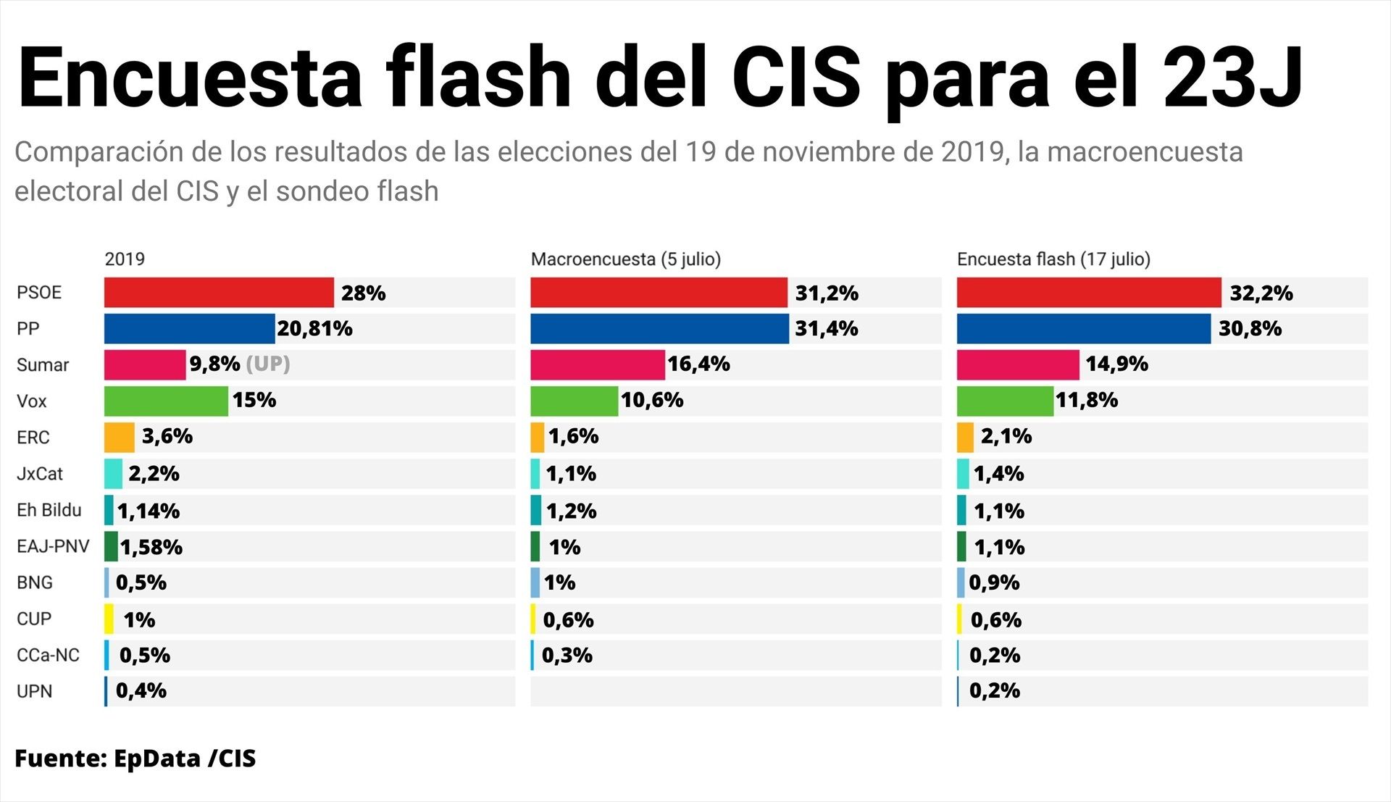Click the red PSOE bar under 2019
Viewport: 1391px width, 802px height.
tap(219, 293)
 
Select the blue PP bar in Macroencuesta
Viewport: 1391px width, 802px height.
tap(659, 329)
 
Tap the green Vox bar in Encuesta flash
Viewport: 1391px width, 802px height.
tap(1005, 401)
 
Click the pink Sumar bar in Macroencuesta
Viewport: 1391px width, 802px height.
tap(597, 365)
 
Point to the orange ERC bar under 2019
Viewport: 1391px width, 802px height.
tap(120, 438)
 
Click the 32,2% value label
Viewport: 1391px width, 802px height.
tap(1261, 293)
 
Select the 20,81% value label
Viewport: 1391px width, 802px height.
tap(314, 329)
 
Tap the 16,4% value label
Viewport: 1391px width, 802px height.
tap(698, 364)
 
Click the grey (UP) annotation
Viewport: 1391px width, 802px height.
tap(268, 364)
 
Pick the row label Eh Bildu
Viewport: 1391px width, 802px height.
tap(49, 510)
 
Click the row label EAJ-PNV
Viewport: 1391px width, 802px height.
tap(53, 546)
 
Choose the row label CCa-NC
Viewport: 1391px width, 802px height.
tap(48, 655)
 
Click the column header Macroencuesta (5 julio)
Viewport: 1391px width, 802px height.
tap(625, 259)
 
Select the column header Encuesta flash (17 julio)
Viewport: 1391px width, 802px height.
tap(1053, 259)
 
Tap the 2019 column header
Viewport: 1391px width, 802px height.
tap(125, 259)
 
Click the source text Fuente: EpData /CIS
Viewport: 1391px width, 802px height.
tap(135, 759)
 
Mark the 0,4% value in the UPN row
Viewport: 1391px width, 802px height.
tap(141, 690)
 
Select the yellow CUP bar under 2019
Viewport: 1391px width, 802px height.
tap(109, 619)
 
